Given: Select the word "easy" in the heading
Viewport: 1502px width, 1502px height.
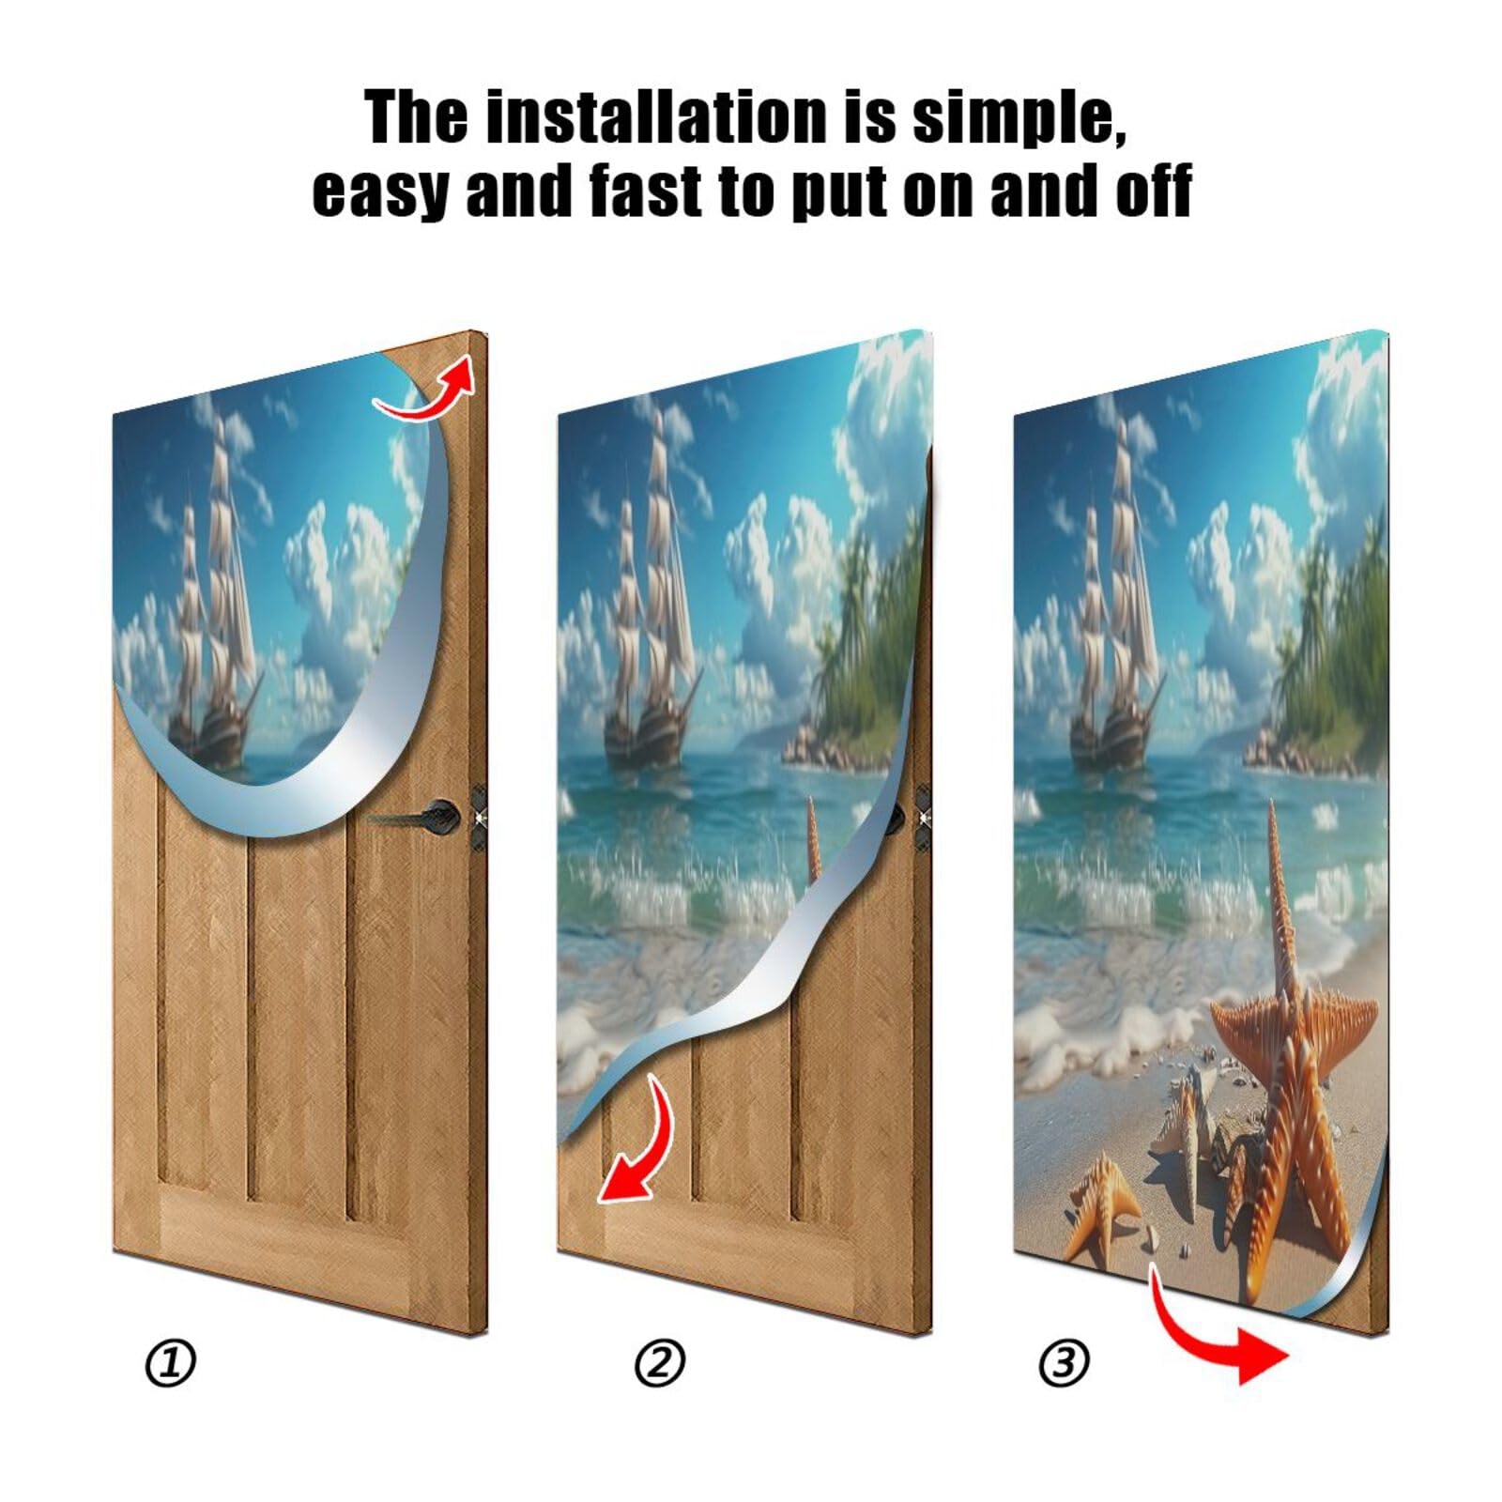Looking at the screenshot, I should tap(380, 192).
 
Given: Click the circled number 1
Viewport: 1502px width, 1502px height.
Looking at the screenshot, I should tap(171, 1363).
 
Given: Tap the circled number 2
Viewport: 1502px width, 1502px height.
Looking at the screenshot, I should tap(660, 1363).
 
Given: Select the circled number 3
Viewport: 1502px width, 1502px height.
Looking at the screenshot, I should tap(1064, 1363).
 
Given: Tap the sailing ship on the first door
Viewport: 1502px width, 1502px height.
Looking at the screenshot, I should tap(211, 610).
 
